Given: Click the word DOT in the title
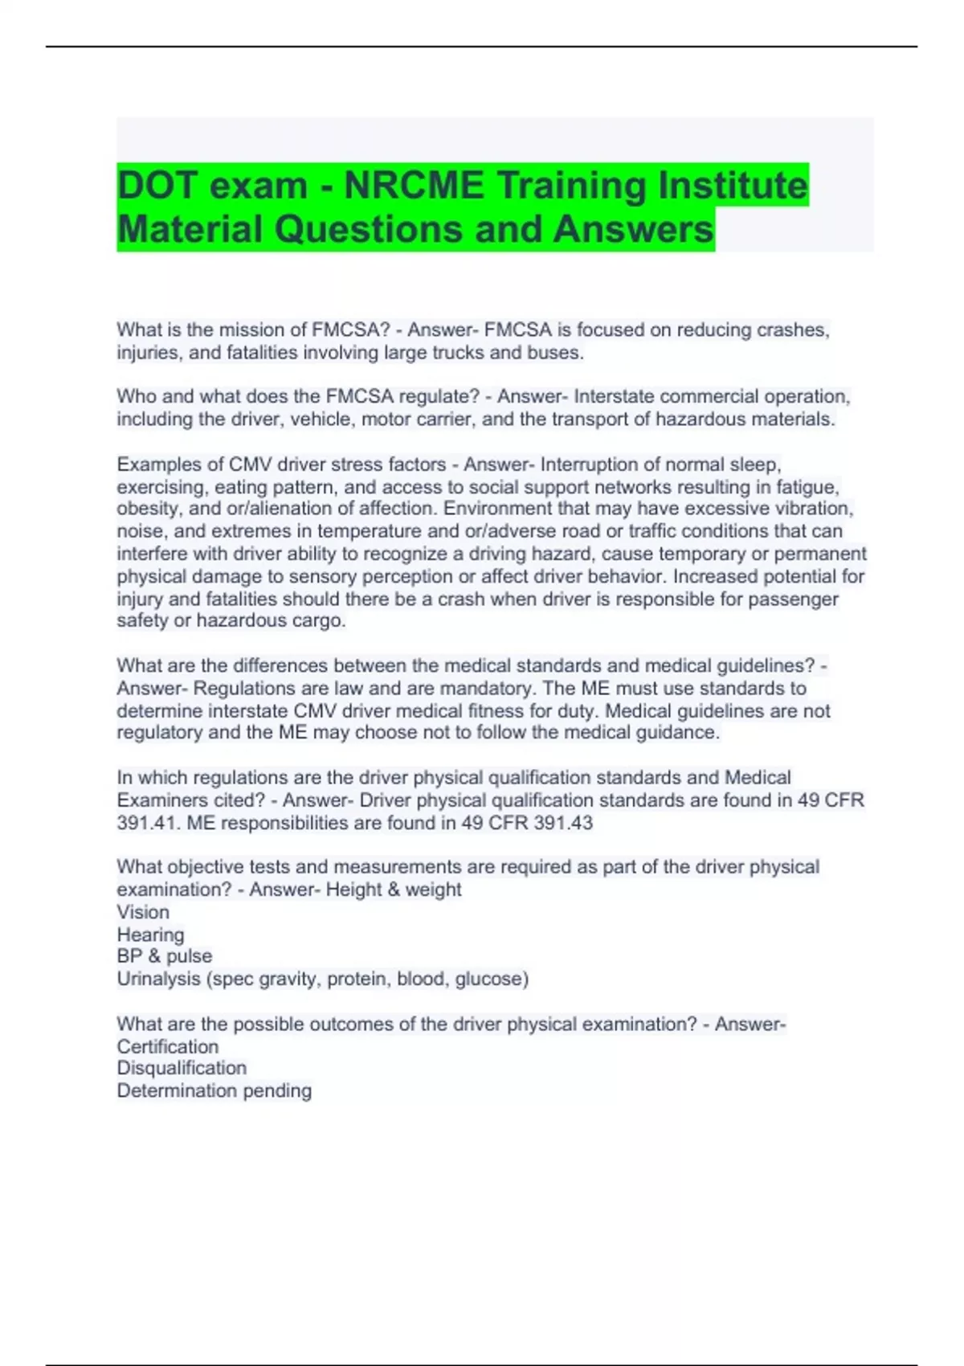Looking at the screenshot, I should pyautogui.click(x=157, y=186).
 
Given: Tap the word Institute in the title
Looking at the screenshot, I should pyautogui.click(x=733, y=186).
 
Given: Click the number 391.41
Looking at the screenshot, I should pyautogui.click(x=142, y=823).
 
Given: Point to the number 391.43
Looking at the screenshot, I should pyautogui.click(x=563, y=823).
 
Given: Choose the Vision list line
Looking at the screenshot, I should pyautogui.click(x=143, y=912).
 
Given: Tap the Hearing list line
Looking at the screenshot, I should pyautogui.click(x=150, y=935).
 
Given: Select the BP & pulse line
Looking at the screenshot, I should pyautogui.click(x=165, y=956).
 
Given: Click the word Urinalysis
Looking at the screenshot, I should pyautogui.click(x=156, y=979).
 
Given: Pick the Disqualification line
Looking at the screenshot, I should pyautogui.click(x=182, y=1068).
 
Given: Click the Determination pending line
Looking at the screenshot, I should pyautogui.click(x=214, y=1090).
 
